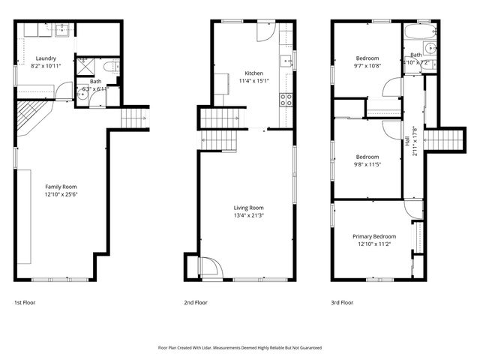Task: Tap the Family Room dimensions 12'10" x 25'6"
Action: [x=61, y=195]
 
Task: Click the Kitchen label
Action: [x=253, y=73]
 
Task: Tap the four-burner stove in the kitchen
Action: [x=286, y=98]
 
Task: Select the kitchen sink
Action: [x=286, y=61]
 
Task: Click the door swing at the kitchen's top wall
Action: [x=265, y=30]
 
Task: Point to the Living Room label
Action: [x=248, y=208]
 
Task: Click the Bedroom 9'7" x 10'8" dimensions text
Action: [x=367, y=66]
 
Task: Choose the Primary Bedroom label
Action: [x=374, y=236]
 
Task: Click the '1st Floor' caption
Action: [x=24, y=303]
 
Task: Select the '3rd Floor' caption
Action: [x=342, y=303]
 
